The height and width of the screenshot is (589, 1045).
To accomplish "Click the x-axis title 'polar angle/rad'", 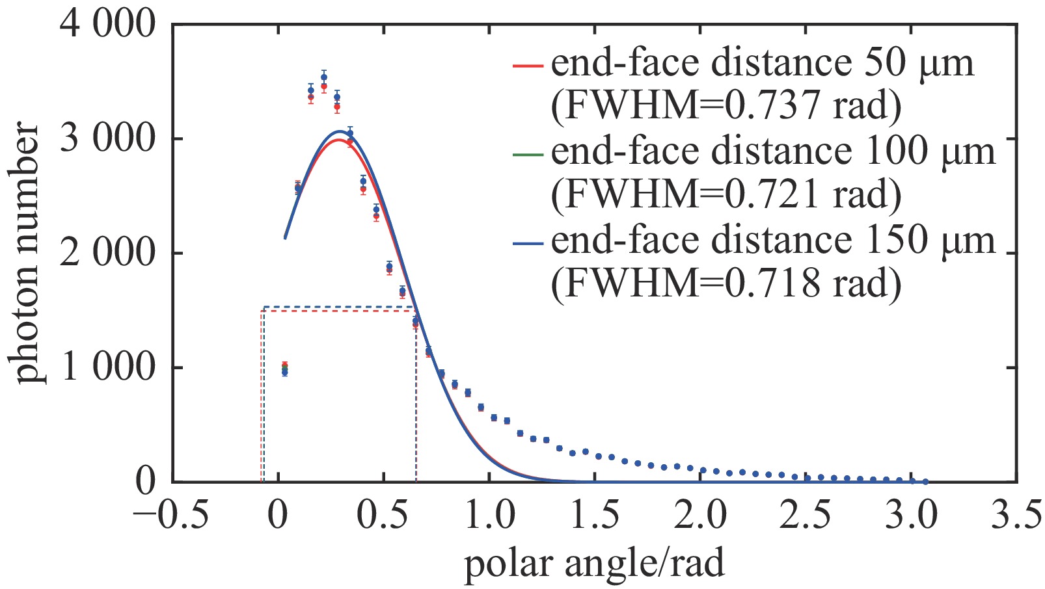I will (593, 563).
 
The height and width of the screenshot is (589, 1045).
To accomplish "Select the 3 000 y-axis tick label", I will (109, 139).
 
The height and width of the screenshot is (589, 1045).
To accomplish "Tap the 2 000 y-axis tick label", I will (109, 254).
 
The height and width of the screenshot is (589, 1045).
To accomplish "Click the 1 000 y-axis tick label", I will (109, 368).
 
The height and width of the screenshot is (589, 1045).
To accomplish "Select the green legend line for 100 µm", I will (528, 155).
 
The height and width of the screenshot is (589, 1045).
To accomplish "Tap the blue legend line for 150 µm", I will (528, 244).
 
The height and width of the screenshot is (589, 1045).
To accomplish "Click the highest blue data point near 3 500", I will (324, 77).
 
